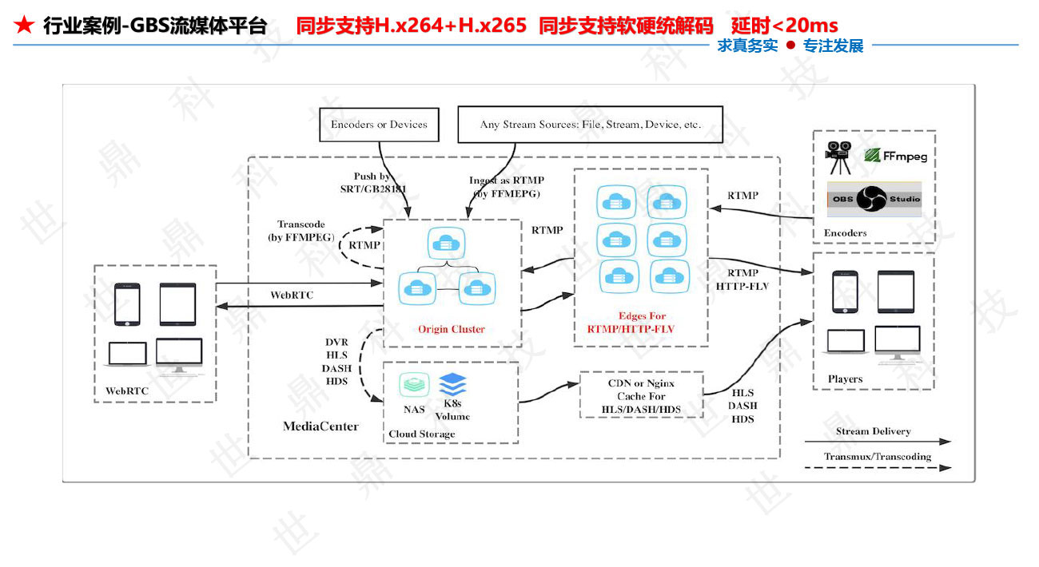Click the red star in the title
[x=24, y=26]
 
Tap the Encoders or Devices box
[x=379, y=125]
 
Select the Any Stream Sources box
[x=590, y=125]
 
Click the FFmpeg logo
[x=895, y=156]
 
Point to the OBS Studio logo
[x=874, y=199]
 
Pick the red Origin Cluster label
[x=452, y=329]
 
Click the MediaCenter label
[x=320, y=426]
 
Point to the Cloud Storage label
[x=421, y=434]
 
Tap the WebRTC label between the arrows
[x=292, y=295]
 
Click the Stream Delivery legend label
[x=873, y=431]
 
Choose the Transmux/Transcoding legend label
[x=878, y=457]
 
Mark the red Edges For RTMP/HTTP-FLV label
[x=642, y=322]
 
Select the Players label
[x=845, y=379]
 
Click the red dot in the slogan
[x=790, y=46]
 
